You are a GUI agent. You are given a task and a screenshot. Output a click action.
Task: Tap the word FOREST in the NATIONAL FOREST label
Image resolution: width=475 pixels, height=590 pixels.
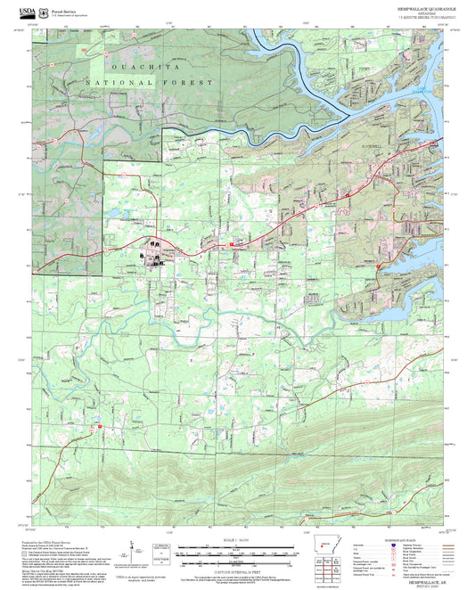pyautogui.click(x=196, y=82)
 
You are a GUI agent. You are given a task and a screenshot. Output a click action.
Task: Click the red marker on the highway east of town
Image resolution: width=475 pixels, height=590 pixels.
pyautogui.click(x=232, y=243)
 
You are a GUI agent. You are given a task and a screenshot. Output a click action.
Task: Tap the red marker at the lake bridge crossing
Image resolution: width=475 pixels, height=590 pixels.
pyautogui.click(x=379, y=266)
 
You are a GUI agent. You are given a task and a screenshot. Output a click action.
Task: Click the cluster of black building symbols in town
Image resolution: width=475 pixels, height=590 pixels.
pyautogui.click(x=153, y=250)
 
